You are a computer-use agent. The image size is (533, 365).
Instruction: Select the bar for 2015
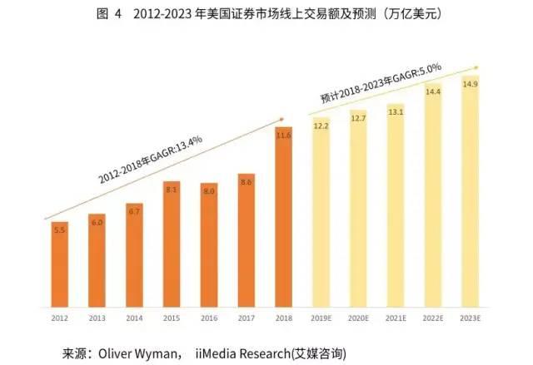[171, 245]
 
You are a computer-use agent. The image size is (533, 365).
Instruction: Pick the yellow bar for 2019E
[321, 216]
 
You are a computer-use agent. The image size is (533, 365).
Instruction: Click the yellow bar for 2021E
[396, 208]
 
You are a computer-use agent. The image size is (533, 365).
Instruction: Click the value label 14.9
[471, 85]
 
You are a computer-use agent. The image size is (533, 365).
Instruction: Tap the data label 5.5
[59, 229]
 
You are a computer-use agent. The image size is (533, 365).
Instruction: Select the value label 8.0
[209, 191]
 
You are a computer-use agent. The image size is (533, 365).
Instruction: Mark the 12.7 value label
[358, 119]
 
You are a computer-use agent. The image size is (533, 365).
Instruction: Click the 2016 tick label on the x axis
[209, 318]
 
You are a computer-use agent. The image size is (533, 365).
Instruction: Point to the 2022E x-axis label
[433, 318]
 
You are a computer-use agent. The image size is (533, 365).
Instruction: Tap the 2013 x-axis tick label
[97, 318]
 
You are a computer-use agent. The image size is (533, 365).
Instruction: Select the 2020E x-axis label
[358, 318]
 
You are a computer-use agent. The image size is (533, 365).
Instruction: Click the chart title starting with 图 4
[266, 14]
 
